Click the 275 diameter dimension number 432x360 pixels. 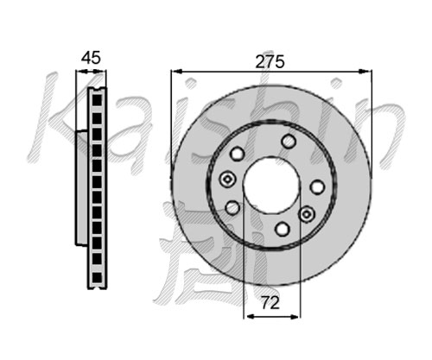click(270, 61)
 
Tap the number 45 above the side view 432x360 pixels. click(91, 58)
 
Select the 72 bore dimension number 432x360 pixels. click(270, 302)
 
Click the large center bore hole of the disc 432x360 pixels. click(270, 185)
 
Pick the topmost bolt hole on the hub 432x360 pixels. click(289, 141)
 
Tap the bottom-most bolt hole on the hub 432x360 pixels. click(283, 229)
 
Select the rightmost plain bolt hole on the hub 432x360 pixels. click(317, 186)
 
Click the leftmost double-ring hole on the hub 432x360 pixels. click(227, 180)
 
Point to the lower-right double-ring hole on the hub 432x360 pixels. click(307, 214)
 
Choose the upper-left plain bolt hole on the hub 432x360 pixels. click(237, 154)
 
